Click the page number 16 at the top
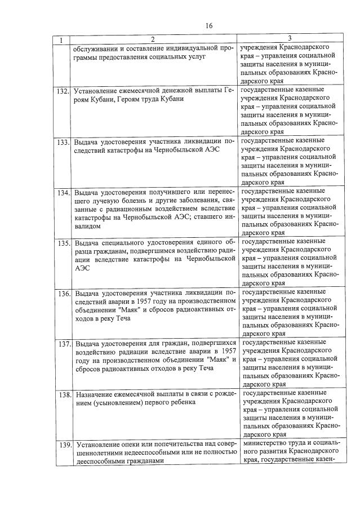pyautogui.click(x=208, y=25)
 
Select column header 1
pyautogui.click(x=62, y=39)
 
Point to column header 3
pyautogui.click(x=289, y=38)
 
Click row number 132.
pyautogui.click(x=63, y=91)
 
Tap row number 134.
pyautogui.click(x=63, y=192)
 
